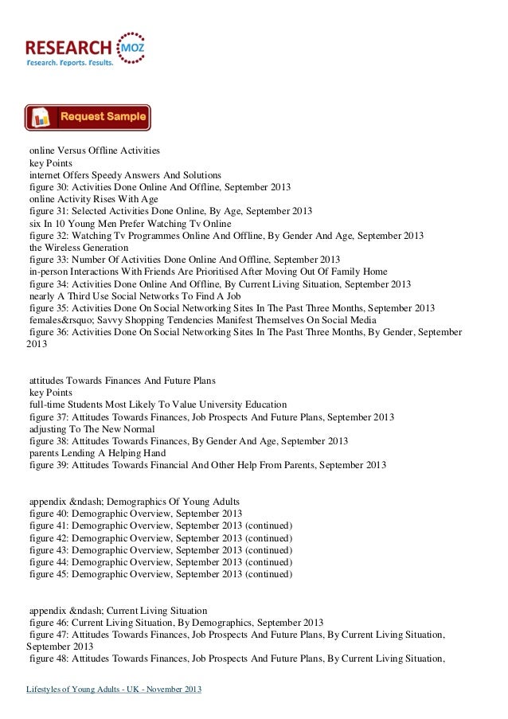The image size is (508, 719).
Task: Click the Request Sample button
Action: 88,117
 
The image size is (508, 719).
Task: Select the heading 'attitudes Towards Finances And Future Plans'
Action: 122,381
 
